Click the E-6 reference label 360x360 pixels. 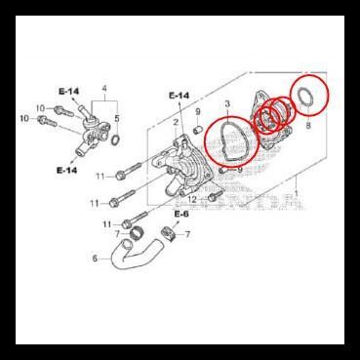coord(181,214)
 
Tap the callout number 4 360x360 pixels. coord(104,90)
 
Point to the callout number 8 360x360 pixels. coord(308,126)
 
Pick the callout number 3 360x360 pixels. coord(227,103)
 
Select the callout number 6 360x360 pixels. coord(94,260)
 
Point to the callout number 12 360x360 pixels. coord(193,198)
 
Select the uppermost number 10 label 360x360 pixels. coord(40,107)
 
